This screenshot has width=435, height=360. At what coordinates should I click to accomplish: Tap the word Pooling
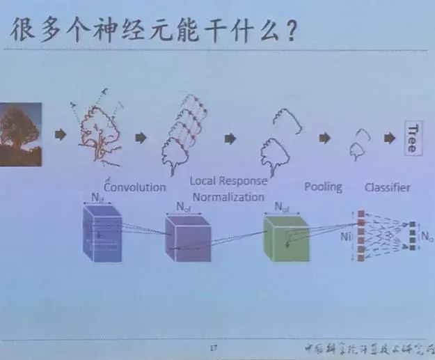click(323, 187)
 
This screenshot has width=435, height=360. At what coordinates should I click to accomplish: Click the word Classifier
click(387, 187)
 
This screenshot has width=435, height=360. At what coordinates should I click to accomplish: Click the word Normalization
click(228, 196)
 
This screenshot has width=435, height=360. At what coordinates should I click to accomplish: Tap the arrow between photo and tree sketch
click(61, 134)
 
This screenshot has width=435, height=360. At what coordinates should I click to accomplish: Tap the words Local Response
click(228, 181)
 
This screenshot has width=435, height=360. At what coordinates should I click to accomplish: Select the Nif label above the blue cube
click(97, 199)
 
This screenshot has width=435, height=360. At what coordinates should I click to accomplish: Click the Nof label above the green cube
click(282, 207)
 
